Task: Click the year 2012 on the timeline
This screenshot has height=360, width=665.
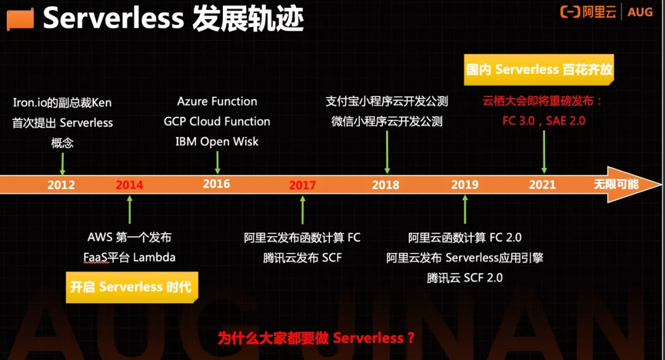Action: tap(61, 185)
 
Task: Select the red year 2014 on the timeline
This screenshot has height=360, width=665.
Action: tap(129, 185)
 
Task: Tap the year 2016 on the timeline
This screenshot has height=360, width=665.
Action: tap(216, 184)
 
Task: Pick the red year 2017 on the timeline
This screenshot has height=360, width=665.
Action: tap(302, 185)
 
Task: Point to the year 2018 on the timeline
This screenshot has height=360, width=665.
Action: tap(386, 185)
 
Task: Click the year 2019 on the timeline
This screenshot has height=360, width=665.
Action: tap(465, 185)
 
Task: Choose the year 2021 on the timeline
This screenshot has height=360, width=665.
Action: tap(542, 185)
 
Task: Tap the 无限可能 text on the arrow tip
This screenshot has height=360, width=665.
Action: tap(616, 184)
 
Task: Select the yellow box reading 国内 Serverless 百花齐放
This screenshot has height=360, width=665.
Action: tap(539, 70)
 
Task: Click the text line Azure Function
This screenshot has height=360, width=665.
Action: tap(217, 102)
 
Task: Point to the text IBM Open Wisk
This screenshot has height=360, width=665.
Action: tap(217, 142)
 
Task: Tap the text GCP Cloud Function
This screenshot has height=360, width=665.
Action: tap(217, 121)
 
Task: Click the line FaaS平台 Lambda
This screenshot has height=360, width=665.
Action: tap(129, 257)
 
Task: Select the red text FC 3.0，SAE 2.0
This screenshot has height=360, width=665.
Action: tap(544, 121)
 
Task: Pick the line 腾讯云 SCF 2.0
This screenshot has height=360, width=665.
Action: tap(465, 278)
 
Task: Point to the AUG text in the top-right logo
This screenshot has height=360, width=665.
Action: tap(641, 12)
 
